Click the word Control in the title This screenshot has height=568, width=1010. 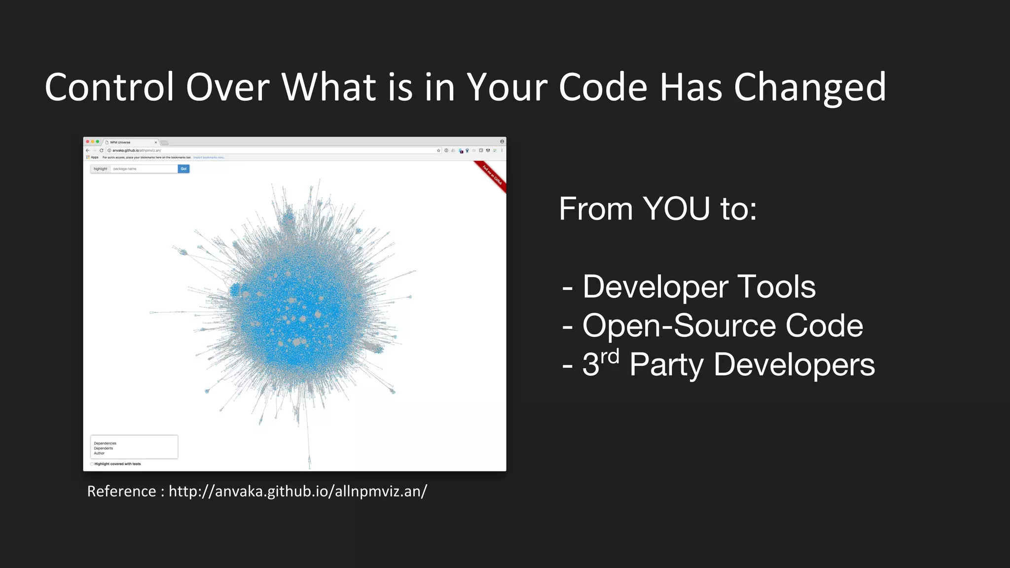(x=109, y=87)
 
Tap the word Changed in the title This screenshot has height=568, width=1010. (x=810, y=87)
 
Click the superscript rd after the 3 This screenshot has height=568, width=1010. (x=610, y=356)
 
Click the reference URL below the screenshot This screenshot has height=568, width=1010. (x=298, y=491)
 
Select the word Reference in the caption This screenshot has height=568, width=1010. (x=122, y=491)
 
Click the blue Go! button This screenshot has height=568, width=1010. (x=183, y=169)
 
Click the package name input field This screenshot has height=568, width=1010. (x=144, y=169)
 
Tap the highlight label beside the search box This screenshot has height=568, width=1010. (x=100, y=169)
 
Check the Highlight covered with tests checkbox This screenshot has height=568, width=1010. (x=92, y=464)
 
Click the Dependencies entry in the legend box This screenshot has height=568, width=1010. (x=105, y=443)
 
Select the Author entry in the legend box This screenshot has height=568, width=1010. (x=99, y=453)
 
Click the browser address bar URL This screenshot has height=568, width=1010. (x=137, y=150)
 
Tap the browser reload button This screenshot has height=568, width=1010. (x=101, y=150)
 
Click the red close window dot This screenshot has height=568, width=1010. (x=88, y=142)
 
